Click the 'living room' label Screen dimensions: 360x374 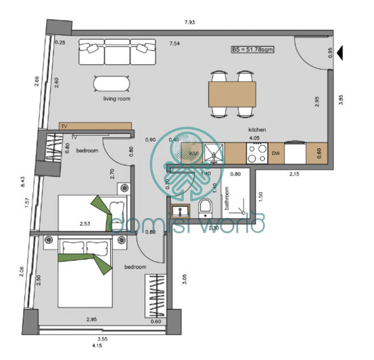pos(116,99)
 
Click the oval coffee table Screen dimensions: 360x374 pos(110,83)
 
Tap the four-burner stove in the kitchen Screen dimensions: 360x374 pos(256,155)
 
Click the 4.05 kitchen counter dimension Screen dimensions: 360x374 pos(255,137)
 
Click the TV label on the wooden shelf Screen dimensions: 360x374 pos(64,127)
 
